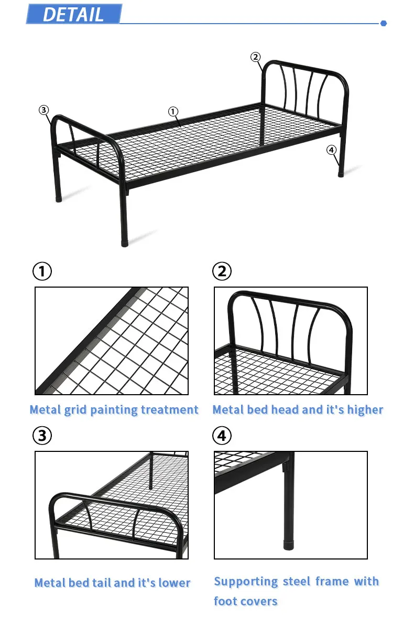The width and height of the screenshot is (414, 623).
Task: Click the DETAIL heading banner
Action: [x=74, y=14]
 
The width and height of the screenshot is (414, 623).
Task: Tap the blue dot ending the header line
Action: [x=383, y=24]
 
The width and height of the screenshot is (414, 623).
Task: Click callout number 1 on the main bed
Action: [x=173, y=112]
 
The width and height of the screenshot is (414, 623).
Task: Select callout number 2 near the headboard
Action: [x=255, y=57]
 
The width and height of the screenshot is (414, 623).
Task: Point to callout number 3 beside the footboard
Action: [x=43, y=110]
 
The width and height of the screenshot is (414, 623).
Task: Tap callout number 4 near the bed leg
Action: [x=331, y=150]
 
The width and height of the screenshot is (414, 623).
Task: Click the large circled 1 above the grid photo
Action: [x=42, y=271]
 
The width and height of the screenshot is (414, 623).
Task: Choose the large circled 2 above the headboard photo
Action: [x=222, y=271]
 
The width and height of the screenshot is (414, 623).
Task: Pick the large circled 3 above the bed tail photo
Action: [x=42, y=436]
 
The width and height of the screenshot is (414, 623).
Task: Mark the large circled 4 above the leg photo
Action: [x=222, y=436]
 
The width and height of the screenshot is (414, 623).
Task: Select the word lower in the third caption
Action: [x=175, y=583]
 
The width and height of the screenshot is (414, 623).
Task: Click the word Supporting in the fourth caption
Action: [x=246, y=582]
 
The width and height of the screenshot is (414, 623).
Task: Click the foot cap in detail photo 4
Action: [x=289, y=545]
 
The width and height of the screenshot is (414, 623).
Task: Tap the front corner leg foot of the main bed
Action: [x=125, y=242]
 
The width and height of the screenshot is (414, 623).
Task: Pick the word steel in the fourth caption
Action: [x=297, y=582]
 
